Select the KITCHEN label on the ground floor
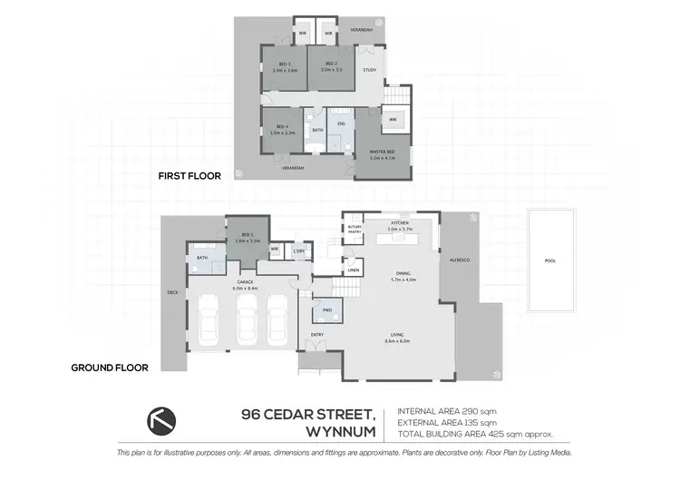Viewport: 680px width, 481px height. point(400,221)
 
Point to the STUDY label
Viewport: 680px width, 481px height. point(369,69)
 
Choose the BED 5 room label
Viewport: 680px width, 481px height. point(248,237)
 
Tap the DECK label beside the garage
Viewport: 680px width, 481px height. point(172,292)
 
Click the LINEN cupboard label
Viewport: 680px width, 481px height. point(353,268)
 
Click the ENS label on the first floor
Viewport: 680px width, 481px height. point(341,123)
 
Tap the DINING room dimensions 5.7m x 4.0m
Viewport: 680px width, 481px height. point(400,280)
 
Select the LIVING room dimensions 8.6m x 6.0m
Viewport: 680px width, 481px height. point(398,341)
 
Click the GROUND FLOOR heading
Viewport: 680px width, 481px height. point(110,368)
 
